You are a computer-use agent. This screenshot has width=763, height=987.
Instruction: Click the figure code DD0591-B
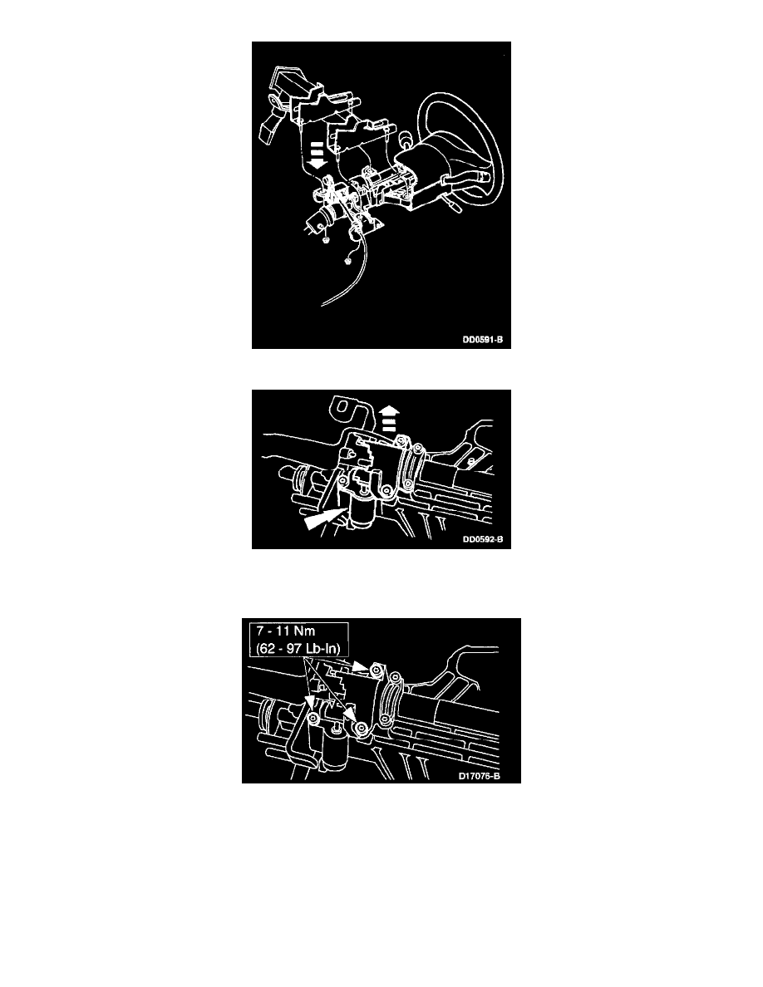[483, 340]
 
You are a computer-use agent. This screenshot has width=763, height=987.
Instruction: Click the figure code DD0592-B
[483, 539]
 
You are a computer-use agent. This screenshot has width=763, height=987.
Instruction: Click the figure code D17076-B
[479, 776]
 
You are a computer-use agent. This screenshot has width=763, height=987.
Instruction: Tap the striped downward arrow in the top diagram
[318, 155]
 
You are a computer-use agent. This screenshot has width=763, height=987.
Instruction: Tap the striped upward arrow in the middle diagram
[390, 418]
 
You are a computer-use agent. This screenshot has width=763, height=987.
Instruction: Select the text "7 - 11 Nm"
[286, 631]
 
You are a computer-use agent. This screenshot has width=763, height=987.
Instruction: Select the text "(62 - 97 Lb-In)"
[298, 648]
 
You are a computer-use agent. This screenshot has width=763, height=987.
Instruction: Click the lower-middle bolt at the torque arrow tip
[361, 729]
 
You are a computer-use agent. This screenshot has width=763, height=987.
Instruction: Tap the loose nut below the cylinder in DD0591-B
[325, 238]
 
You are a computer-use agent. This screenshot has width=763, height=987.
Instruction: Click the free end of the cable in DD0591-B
[322, 305]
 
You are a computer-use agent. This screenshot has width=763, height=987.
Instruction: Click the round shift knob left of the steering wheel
[406, 136]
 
